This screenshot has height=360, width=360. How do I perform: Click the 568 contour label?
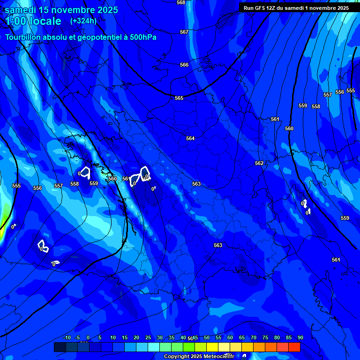click(181, 2)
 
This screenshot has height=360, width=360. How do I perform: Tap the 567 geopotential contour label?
click(184, 32)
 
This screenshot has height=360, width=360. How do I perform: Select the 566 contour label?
click(184, 65)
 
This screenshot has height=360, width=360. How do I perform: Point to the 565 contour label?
click(179, 98)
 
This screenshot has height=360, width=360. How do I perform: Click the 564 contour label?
click(190, 138)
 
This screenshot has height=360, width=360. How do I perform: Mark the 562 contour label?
click(259, 163)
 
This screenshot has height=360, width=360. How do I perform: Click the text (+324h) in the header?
click(83, 21)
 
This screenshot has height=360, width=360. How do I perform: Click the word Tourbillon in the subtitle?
click(23, 37)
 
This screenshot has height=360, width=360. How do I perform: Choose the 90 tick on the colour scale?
click(300, 337)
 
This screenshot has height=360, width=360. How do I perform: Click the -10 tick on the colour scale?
click(67, 337)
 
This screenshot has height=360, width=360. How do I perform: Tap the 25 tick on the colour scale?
click(148, 337)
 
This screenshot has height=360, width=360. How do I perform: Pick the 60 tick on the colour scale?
click(230, 337)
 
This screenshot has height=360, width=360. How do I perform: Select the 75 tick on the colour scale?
click(265, 337)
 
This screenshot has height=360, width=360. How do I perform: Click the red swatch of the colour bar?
click(294, 347)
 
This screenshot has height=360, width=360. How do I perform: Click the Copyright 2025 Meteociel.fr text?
click(205, 356)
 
